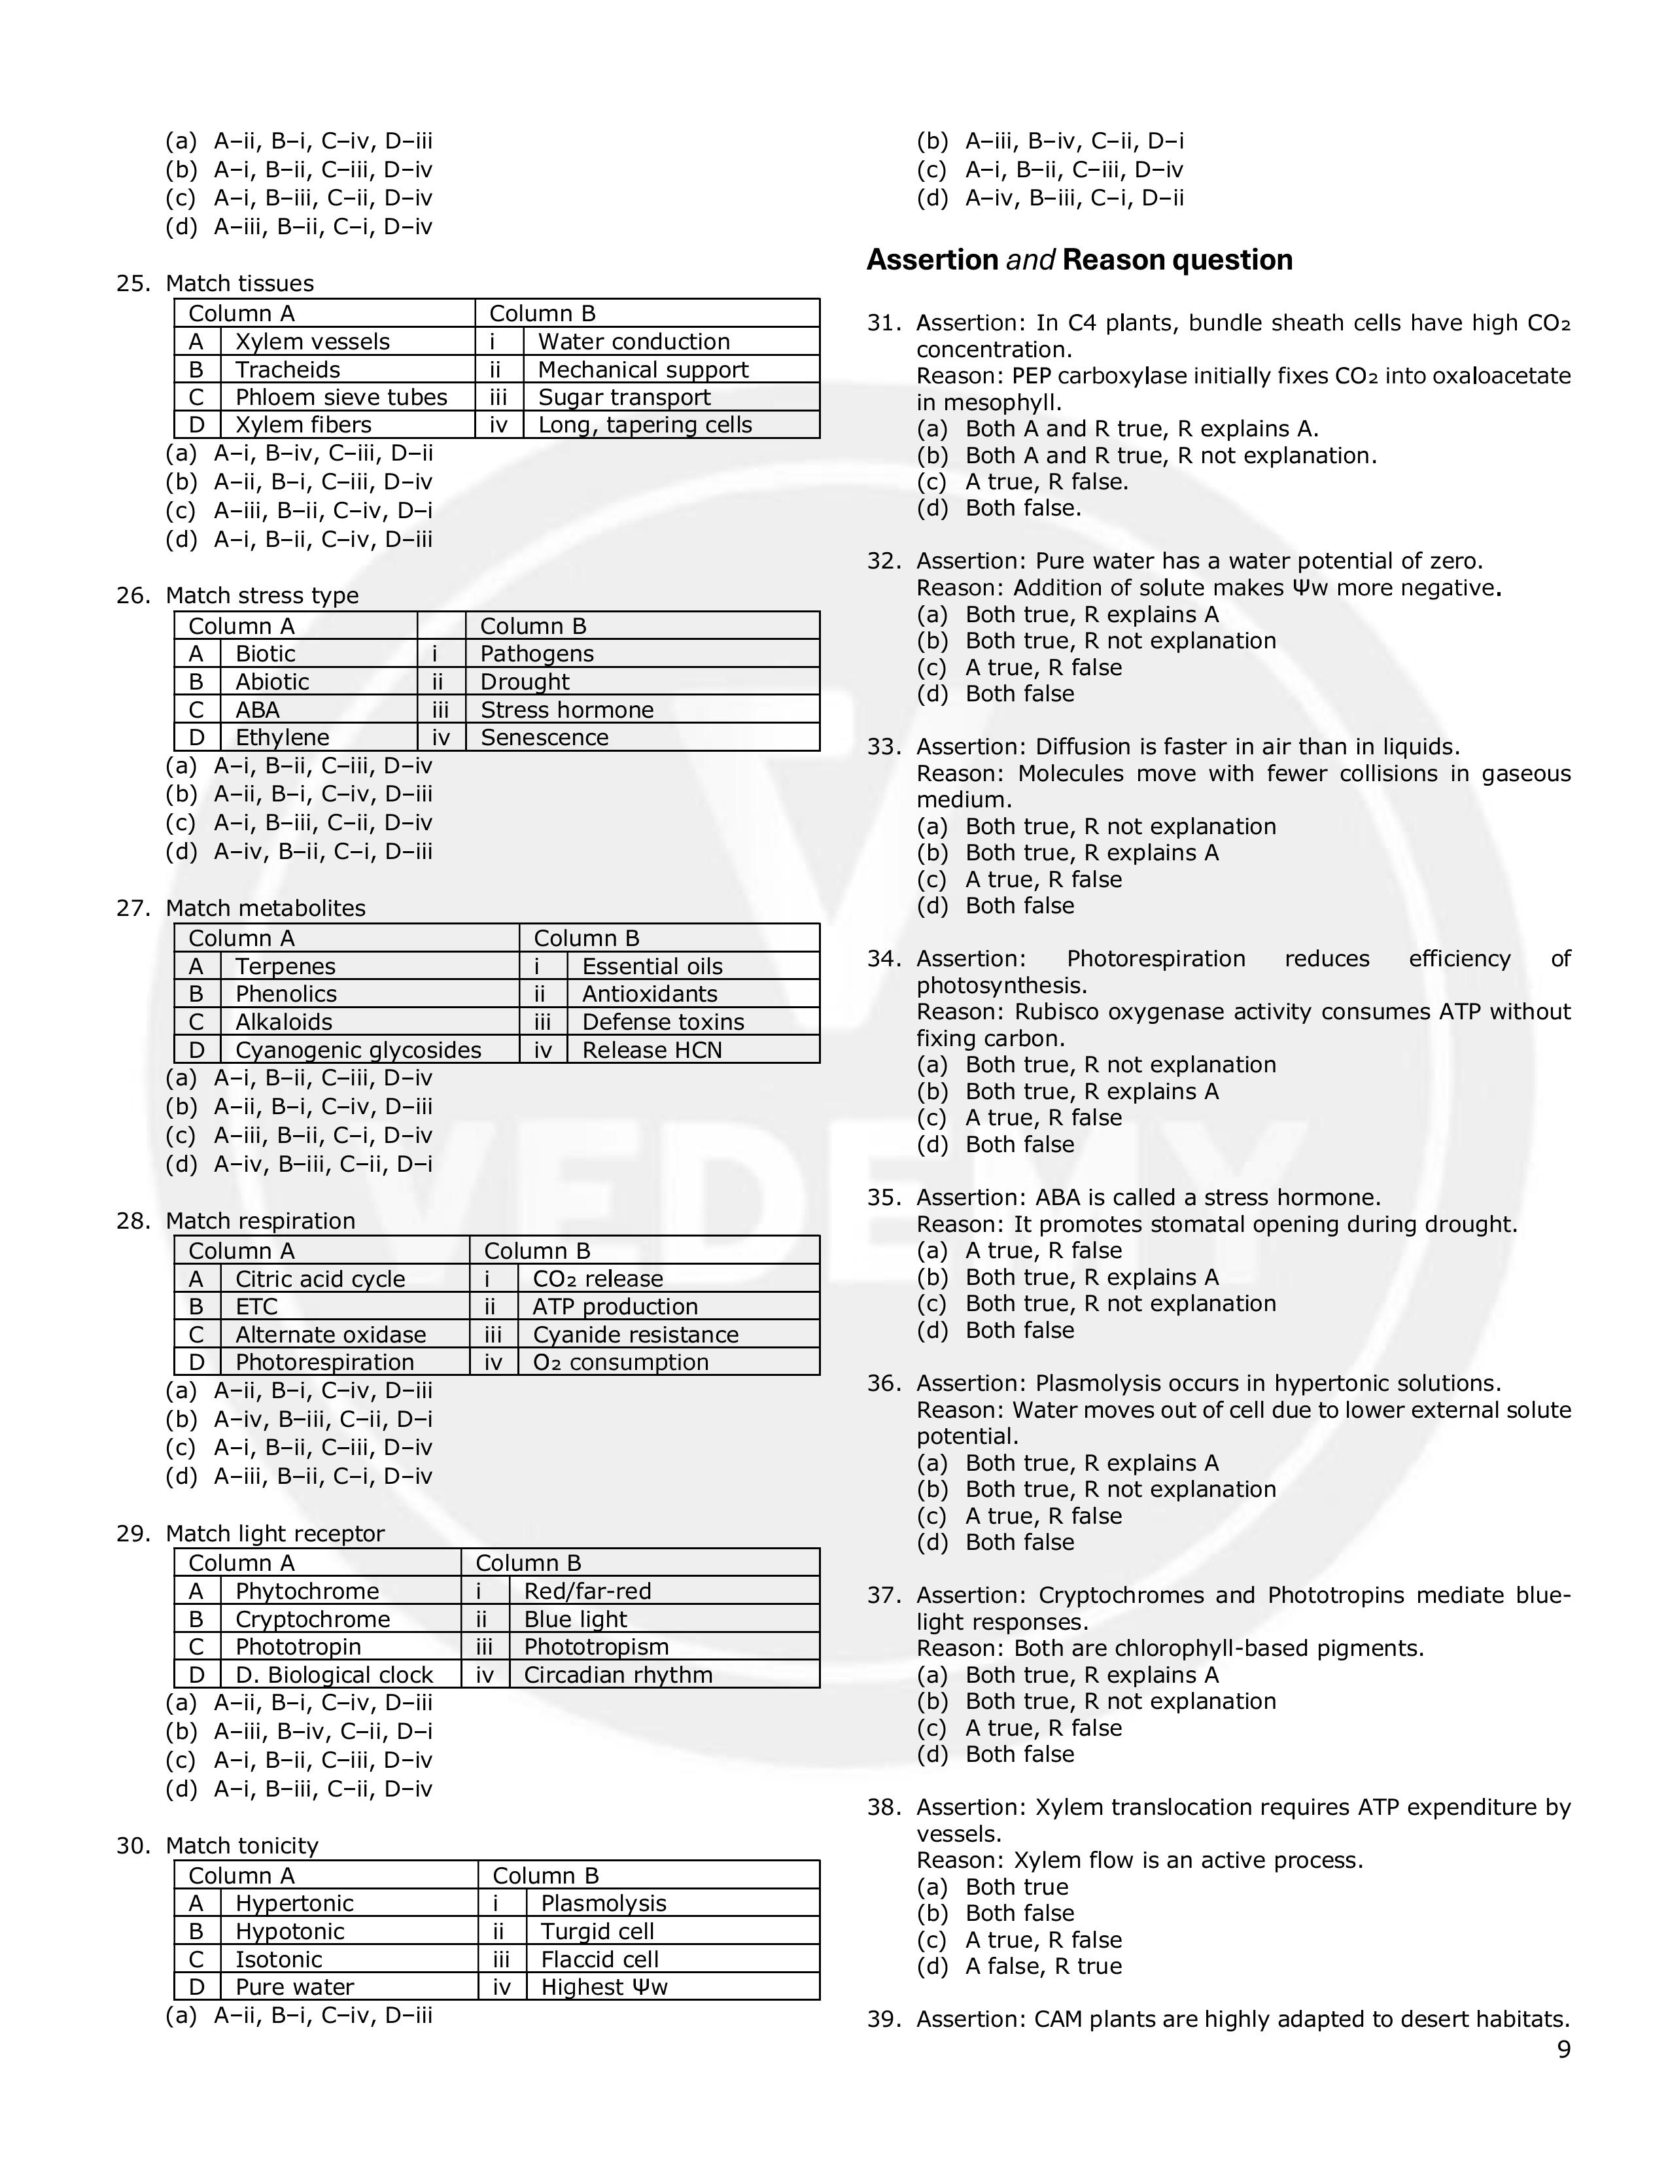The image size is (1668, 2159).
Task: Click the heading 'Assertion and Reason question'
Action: pos(1079,260)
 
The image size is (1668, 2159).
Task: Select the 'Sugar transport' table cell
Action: pos(625,397)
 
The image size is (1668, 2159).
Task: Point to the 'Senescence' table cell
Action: pos(544,737)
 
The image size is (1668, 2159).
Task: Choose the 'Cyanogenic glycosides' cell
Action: pos(358,1050)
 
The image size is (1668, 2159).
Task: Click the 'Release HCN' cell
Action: pos(652,1050)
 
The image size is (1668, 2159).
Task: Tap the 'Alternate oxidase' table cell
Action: pos(330,1335)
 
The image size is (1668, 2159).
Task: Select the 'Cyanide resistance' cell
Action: pos(635,1335)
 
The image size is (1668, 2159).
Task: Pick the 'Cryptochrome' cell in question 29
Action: pos(312,1619)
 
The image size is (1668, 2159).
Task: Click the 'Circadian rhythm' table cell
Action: pos(617,1675)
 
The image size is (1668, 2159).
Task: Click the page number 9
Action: pos(1563,2049)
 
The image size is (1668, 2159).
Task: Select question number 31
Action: pos(884,323)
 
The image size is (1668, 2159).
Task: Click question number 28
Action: pos(132,1221)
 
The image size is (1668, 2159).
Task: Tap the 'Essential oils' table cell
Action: pos(652,967)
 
